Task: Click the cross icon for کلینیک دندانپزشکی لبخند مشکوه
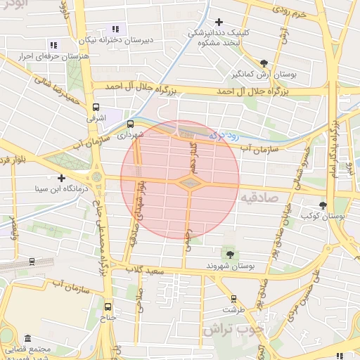219,22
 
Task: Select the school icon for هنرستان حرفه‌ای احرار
54,46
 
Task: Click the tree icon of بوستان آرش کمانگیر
264,63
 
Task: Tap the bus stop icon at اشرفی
96,108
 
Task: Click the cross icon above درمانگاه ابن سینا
62,179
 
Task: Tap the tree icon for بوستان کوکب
323,205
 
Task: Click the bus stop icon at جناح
108,307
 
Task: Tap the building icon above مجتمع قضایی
27,338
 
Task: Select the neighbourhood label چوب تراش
233,328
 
